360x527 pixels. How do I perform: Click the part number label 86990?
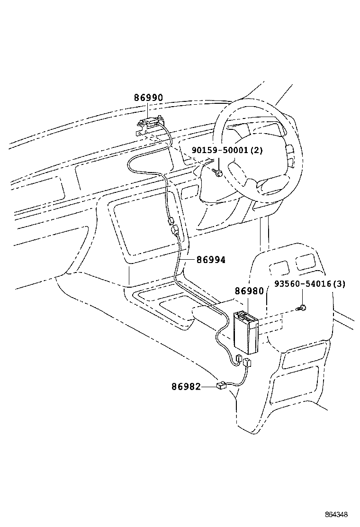click(x=148, y=98)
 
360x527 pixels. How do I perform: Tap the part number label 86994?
click(x=211, y=259)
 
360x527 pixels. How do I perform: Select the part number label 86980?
click(x=249, y=291)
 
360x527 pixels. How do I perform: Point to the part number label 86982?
click(x=186, y=387)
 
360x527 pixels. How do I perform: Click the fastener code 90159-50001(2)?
click(x=227, y=150)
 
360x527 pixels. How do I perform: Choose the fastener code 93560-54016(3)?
click(x=310, y=284)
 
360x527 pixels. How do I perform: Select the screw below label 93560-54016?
click(x=302, y=308)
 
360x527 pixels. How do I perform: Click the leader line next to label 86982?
click(x=209, y=387)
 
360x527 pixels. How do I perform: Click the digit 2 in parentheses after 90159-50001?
click(x=257, y=150)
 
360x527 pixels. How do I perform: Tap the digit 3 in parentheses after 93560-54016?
click(x=339, y=284)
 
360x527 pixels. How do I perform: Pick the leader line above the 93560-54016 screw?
click(x=302, y=297)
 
